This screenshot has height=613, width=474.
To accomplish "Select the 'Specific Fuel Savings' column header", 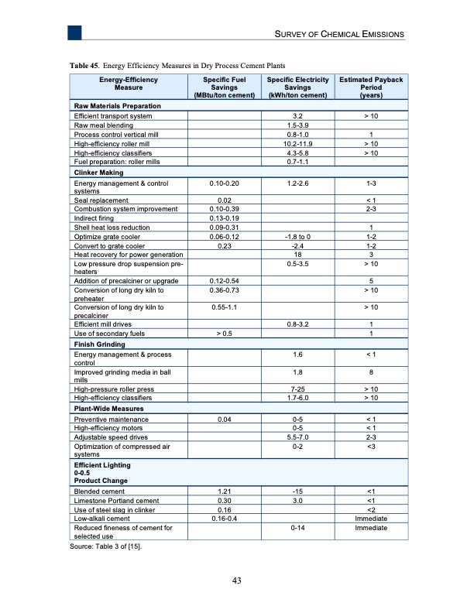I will coord(224,87).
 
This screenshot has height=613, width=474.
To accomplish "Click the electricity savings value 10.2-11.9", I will coord(295,143).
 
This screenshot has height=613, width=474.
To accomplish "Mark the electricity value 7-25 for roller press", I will coord(295,389).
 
